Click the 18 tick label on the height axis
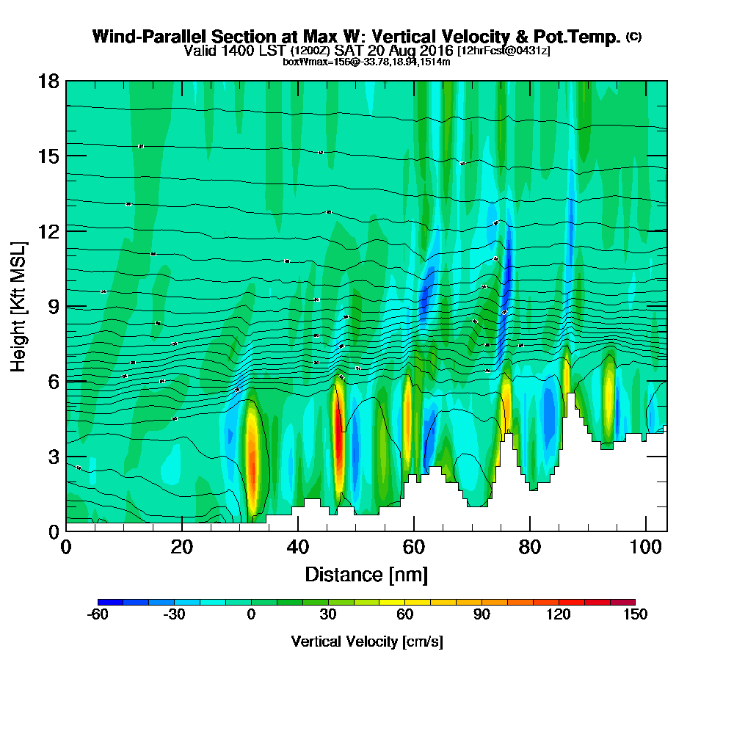click(x=48, y=81)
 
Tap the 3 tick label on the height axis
click(x=53, y=456)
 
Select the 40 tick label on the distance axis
click(x=297, y=548)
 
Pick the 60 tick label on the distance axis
click(x=413, y=548)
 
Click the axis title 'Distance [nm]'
click(x=366, y=574)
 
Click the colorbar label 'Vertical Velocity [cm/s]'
click(x=366, y=642)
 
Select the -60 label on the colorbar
click(x=98, y=615)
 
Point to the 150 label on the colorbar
click(x=635, y=615)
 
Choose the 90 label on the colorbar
click(x=482, y=615)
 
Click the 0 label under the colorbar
click(x=251, y=615)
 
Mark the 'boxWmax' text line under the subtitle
click(x=366, y=62)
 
